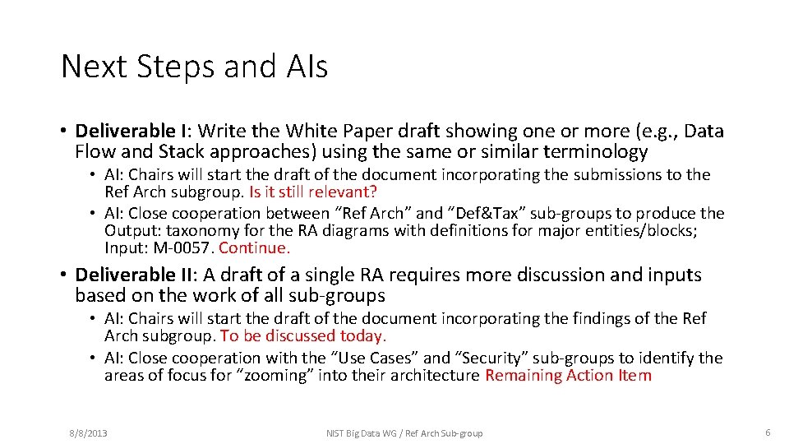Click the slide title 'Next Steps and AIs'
click(194, 67)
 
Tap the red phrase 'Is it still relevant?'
click(312, 192)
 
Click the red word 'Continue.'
click(255, 247)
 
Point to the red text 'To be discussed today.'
click(303, 335)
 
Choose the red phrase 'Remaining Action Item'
click(568, 376)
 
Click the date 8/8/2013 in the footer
click(87, 432)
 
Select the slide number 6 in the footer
click(768, 432)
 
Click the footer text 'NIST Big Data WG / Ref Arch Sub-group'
click(404, 432)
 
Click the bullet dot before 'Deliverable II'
click(63, 275)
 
